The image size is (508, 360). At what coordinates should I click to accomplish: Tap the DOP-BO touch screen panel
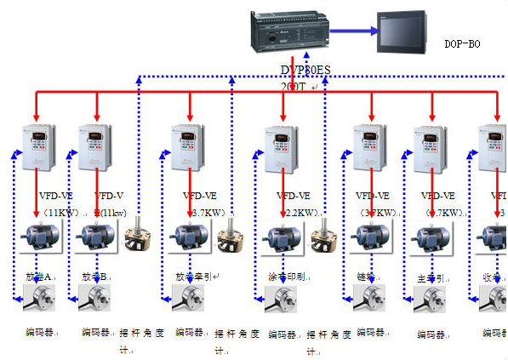click(x=402, y=33)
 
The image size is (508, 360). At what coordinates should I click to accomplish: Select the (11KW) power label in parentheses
click(x=60, y=212)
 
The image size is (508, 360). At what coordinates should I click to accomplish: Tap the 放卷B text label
click(x=94, y=277)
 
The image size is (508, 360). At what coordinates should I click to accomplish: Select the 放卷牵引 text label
click(x=190, y=277)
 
